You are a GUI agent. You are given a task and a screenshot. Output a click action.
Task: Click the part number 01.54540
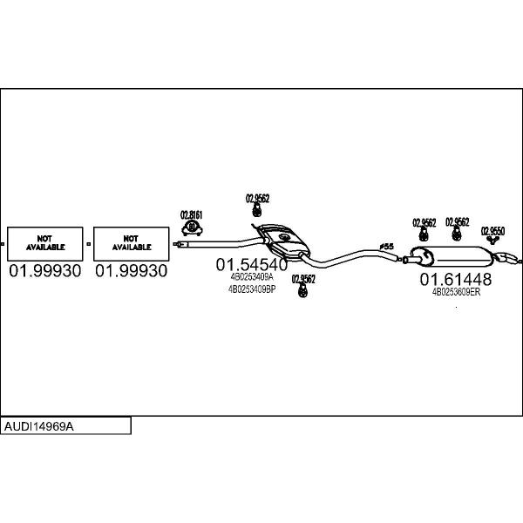point(251,264)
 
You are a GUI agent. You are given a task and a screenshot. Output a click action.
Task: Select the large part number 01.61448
point(455,279)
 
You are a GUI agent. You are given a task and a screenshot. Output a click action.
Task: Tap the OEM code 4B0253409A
point(251,277)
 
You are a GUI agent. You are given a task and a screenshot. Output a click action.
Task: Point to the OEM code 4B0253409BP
point(251,289)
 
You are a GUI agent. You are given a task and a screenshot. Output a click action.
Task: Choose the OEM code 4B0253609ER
point(456,292)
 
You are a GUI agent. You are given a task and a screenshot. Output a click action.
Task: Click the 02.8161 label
point(192,214)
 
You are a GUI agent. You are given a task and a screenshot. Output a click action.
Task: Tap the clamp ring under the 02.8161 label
point(192,228)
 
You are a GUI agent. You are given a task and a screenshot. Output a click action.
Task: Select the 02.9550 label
point(493,230)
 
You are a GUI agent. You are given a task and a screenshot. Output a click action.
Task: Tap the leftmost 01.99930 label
point(45,271)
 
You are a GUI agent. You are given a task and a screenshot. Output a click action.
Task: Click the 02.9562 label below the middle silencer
point(303,279)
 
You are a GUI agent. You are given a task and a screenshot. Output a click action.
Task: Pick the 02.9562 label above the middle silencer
point(257,199)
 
